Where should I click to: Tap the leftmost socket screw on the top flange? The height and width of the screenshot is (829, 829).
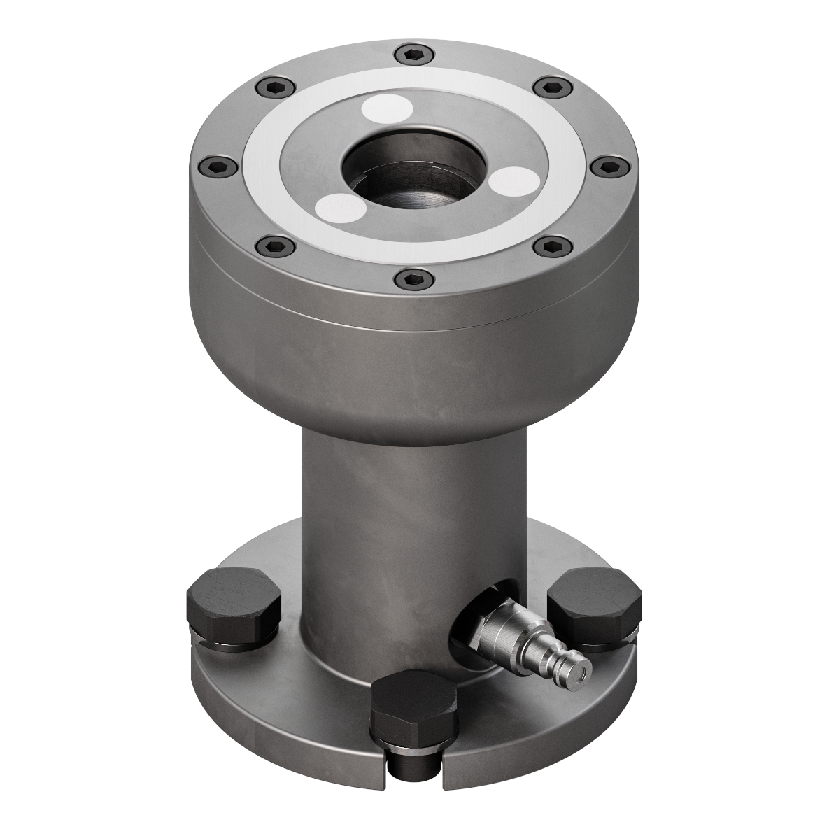213,166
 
